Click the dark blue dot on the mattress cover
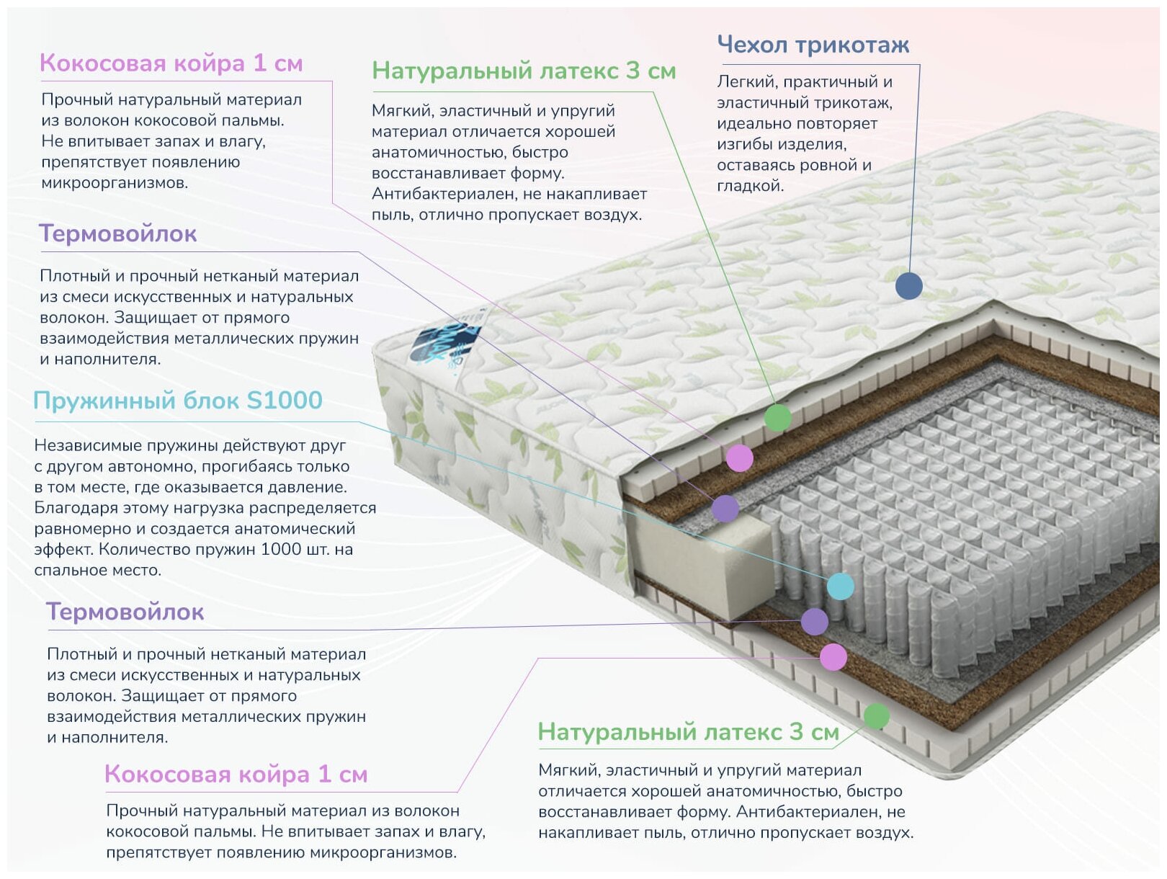tap(908, 286)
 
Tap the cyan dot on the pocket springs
tap(840, 586)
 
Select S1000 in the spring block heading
tap(285, 401)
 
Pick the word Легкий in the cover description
tap(744, 81)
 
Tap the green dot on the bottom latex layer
tap(876, 716)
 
